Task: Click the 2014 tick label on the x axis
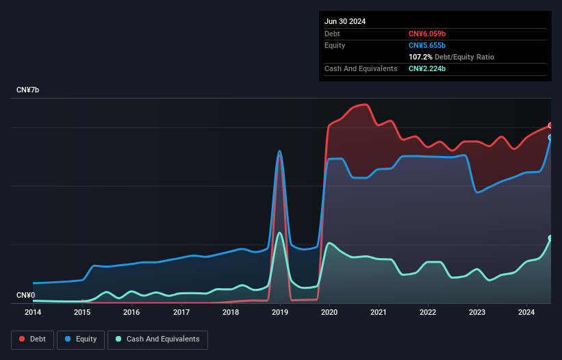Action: [33, 312]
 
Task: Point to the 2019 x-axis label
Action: [280, 312]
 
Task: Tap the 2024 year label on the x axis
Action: [527, 312]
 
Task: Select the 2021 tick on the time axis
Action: [379, 312]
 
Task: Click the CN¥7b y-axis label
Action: [28, 90]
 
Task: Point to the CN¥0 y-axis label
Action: [26, 295]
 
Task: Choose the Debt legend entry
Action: [31, 339]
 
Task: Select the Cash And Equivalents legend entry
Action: [157, 339]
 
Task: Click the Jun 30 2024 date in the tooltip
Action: [345, 21]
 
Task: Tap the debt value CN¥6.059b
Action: [427, 34]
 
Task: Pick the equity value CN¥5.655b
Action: [427, 45]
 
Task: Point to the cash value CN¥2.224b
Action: [427, 68]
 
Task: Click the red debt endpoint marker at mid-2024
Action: [550, 125]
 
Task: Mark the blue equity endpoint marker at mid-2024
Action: [550, 137]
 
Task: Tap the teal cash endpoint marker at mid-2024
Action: [550, 237]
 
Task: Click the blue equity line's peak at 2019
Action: [279, 151]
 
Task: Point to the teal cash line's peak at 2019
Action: [279, 233]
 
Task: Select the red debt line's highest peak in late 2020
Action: [368, 105]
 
